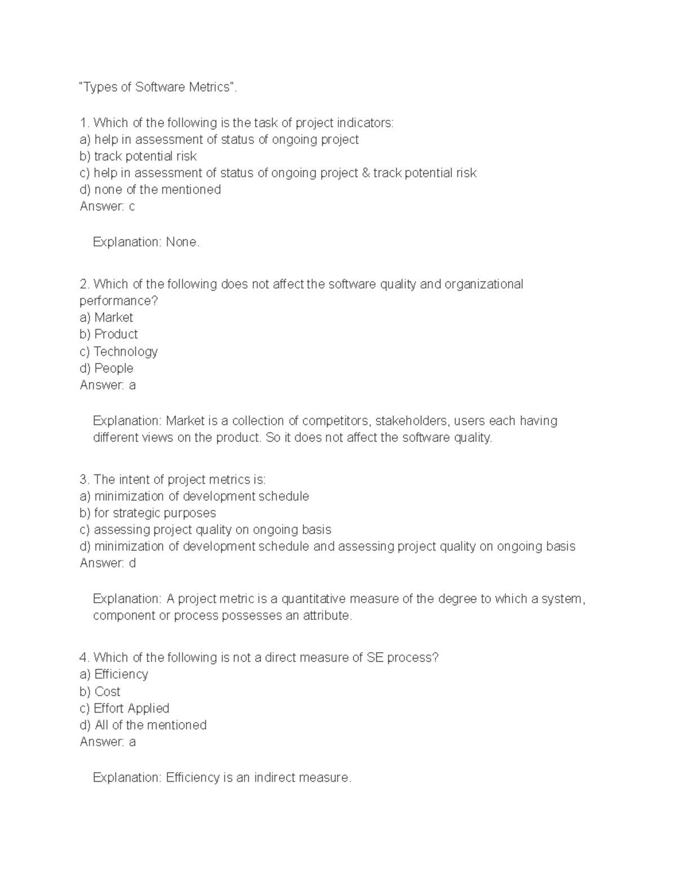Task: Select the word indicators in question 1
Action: pyautogui.click(x=364, y=123)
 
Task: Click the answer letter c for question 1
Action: pyautogui.click(x=132, y=207)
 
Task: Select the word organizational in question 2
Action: pyautogui.click(x=483, y=284)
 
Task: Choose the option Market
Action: pyautogui.click(x=113, y=317)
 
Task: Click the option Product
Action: pyautogui.click(x=115, y=334)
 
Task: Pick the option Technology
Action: pyautogui.click(x=125, y=352)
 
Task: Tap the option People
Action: pyautogui.click(x=114, y=369)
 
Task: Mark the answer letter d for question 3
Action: pyautogui.click(x=132, y=563)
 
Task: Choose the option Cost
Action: pyautogui.click(x=107, y=692)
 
